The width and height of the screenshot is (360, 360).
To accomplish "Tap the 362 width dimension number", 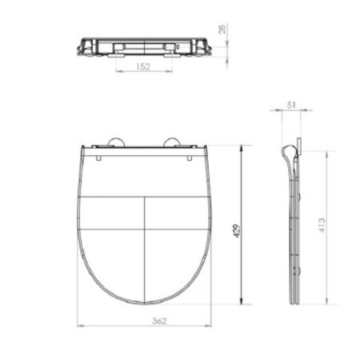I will coord(144,320).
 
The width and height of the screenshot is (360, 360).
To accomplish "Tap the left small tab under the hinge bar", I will coord(98,156).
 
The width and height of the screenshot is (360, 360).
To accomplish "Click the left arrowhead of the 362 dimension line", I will coord(81,326).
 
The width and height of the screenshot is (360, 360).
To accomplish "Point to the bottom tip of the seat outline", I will coord(145,305).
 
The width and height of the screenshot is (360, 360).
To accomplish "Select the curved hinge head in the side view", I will coord(287,152).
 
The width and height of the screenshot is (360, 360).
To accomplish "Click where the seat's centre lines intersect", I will coord(145,229).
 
